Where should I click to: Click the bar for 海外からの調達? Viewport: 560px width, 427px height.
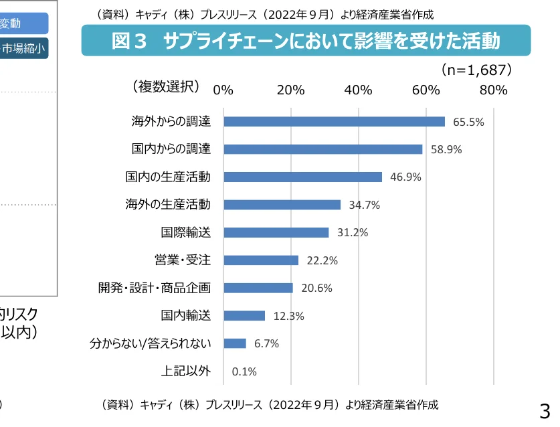[x=334, y=122]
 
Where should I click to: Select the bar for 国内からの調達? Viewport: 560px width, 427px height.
[x=323, y=149]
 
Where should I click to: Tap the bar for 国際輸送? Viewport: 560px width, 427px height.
[x=276, y=232]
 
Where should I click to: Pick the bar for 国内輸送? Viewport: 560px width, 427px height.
[x=244, y=315]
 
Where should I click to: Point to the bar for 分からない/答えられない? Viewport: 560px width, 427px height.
[x=235, y=343]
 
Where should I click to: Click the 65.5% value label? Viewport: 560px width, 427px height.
[x=468, y=122]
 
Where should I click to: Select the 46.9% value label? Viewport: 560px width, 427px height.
[x=405, y=177]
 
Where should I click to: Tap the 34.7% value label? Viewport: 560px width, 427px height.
[x=364, y=205]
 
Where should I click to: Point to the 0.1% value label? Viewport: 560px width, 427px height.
[x=244, y=371]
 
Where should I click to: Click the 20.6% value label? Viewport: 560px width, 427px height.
[x=316, y=288]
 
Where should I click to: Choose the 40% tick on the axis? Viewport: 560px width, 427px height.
[x=359, y=90]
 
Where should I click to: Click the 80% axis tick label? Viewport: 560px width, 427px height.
[x=494, y=90]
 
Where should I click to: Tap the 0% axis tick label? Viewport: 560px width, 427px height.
[x=223, y=90]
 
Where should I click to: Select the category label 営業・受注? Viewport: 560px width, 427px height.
[x=183, y=260]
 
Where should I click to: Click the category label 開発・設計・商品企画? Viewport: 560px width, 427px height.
[x=155, y=288]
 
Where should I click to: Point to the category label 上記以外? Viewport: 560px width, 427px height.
[x=185, y=371]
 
